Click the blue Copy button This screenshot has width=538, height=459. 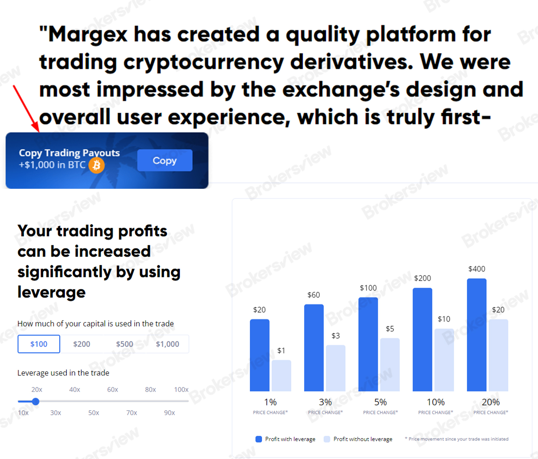point(165,160)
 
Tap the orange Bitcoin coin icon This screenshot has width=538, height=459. point(96,165)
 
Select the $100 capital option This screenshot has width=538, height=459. point(39,344)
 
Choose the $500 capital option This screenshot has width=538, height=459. point(125,344)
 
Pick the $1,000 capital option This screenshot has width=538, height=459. point(168,344)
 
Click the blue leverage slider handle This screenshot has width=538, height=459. point(36,401)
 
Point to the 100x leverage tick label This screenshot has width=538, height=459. point(181,390)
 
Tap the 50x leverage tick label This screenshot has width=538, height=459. point(94,413)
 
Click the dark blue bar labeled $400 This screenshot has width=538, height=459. point(477,335)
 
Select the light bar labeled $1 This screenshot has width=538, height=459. point(281,376)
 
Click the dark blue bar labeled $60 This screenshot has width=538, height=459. point(314,348)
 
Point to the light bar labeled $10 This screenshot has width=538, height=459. point(444,360)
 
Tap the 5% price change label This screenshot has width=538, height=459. point(380,402)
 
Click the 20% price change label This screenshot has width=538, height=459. point(491,402)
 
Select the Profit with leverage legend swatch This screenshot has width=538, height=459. point(259,439)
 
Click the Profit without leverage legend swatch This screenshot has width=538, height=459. point(327,439)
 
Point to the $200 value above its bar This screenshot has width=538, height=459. point(422,278)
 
